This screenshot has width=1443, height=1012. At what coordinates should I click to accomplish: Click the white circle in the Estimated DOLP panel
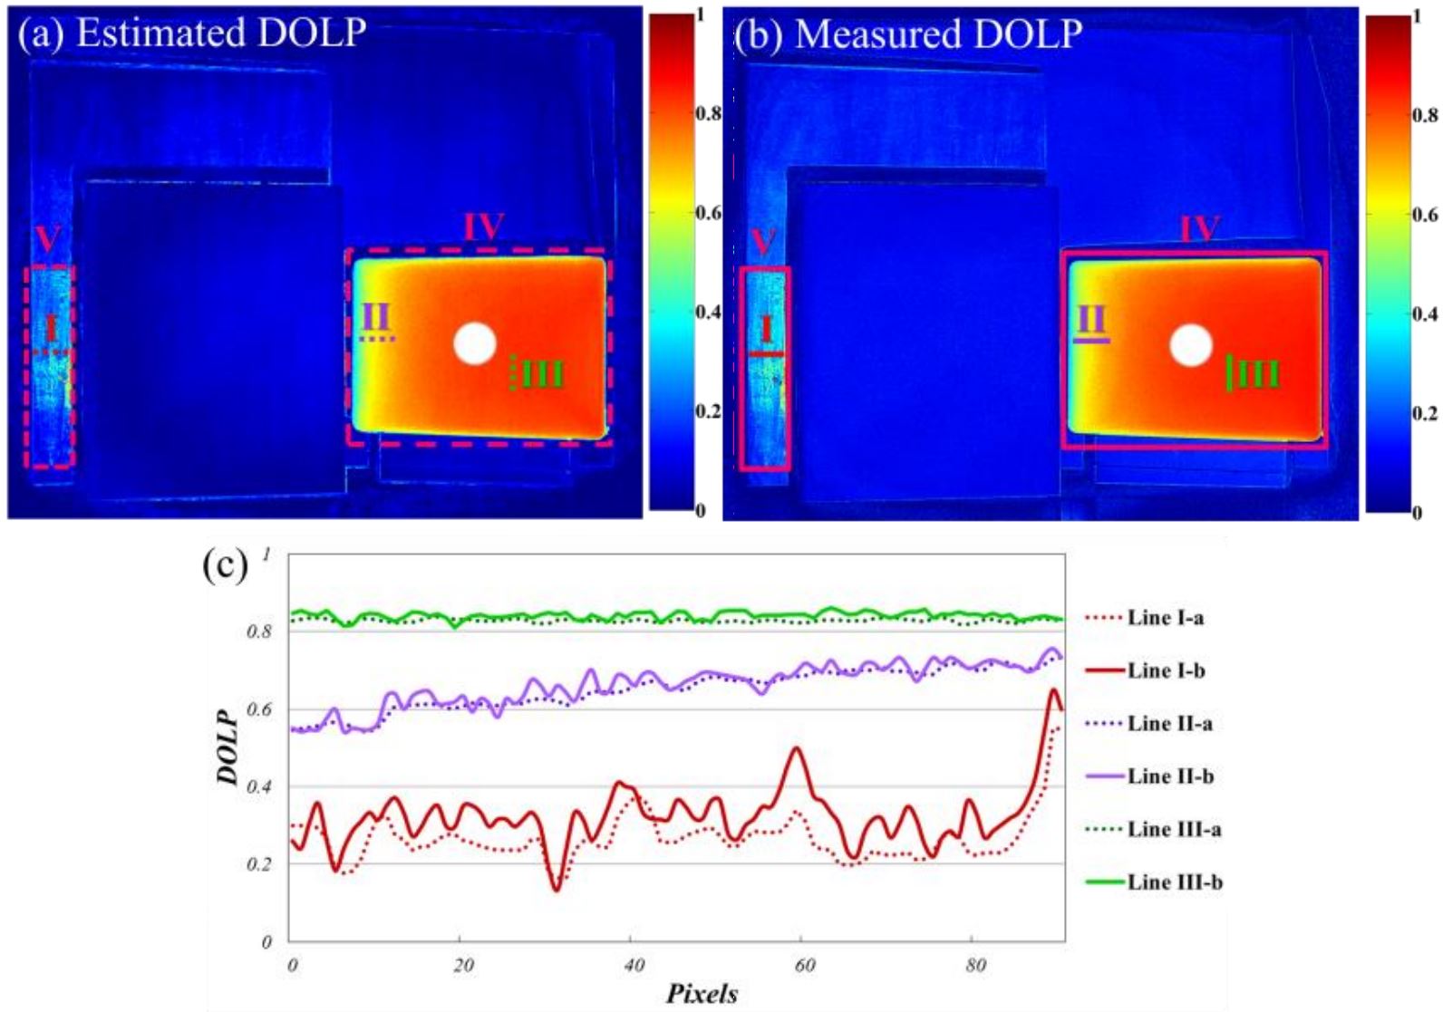(475, 344)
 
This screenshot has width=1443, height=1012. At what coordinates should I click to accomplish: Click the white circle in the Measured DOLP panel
(1190, 345)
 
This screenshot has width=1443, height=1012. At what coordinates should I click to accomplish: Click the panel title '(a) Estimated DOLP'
(192, 33)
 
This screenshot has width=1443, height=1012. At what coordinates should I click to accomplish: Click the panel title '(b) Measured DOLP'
(908, 34)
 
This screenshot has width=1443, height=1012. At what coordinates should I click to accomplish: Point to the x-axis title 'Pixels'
(702, 993)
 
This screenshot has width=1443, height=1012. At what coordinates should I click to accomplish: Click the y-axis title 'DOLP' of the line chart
(228, 746)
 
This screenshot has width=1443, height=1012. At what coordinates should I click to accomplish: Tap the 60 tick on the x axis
(805, 965)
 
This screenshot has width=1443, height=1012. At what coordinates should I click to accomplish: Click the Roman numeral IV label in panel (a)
(483, 227)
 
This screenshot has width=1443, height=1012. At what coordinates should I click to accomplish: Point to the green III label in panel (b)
(1259, 373)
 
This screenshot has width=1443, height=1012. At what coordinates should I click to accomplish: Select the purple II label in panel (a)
(376, 317)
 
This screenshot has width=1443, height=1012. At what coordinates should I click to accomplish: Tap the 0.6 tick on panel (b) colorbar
(1425, 215)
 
